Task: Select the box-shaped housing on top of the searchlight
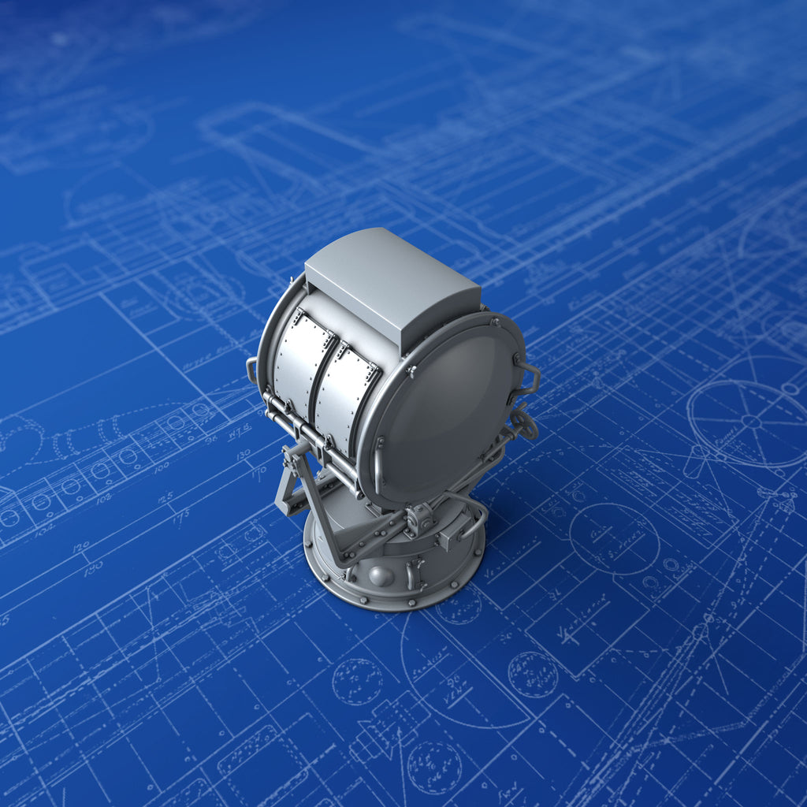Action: [392, 288]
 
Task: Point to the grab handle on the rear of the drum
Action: [251, 370]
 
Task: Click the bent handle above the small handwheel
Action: [528, 377]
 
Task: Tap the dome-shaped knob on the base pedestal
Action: [381, 576]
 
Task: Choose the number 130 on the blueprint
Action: [244, 456]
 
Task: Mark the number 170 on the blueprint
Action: [258, 475]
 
